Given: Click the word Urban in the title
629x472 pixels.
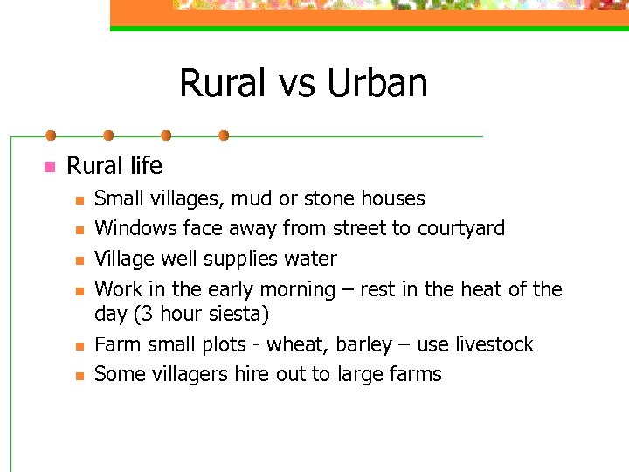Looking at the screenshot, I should point(377,84).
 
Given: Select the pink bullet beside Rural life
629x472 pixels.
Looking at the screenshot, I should point(49,166).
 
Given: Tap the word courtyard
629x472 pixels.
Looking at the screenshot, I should point(460,229).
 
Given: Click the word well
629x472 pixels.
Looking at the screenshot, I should point(180,259).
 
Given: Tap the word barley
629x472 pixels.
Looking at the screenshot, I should point(356,344).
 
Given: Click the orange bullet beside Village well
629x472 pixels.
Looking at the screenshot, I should point(78,260).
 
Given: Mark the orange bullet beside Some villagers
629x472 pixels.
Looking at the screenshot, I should point(78,376).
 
